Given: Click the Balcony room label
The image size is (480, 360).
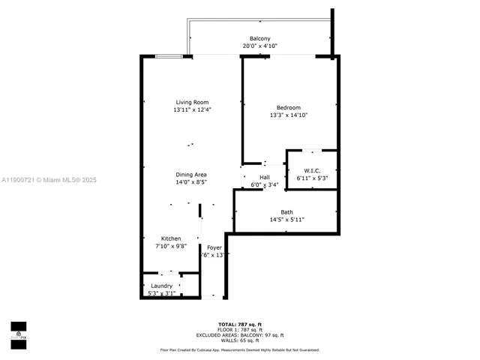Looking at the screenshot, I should point(259,38).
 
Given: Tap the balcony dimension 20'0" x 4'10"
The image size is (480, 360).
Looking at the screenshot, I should point(259,46).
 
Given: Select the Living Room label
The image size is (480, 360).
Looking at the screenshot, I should point(192,102).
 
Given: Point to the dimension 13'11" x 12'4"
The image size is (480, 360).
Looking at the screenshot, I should point(192,110).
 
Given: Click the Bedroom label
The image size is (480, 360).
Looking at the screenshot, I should point(289,107).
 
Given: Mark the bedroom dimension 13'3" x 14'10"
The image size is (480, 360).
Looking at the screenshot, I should point(289,115).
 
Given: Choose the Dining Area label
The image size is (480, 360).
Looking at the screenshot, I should point(191,174).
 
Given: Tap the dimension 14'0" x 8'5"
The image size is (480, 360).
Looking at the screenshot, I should point(191,181).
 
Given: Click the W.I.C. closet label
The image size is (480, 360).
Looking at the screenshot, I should point(313,170).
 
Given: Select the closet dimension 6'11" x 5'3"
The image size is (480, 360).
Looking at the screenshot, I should point(313,178).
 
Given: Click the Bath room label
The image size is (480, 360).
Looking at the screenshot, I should point(287,211).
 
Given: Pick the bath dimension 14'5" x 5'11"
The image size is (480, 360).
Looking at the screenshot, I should point(287,220).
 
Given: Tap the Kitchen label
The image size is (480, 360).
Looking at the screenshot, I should point(171,238).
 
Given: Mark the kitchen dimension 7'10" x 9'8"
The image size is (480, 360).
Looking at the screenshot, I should point(171,246).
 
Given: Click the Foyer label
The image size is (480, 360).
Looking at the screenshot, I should point(214,247).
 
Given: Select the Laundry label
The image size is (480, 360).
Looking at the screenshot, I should point(162,286).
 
